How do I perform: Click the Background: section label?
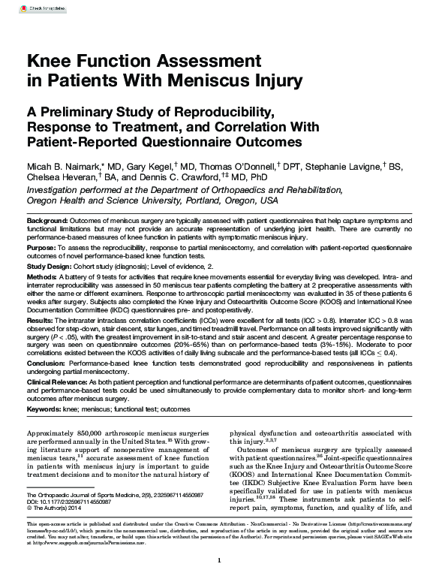coord(47,220)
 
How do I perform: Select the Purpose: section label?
coord(41,246)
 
